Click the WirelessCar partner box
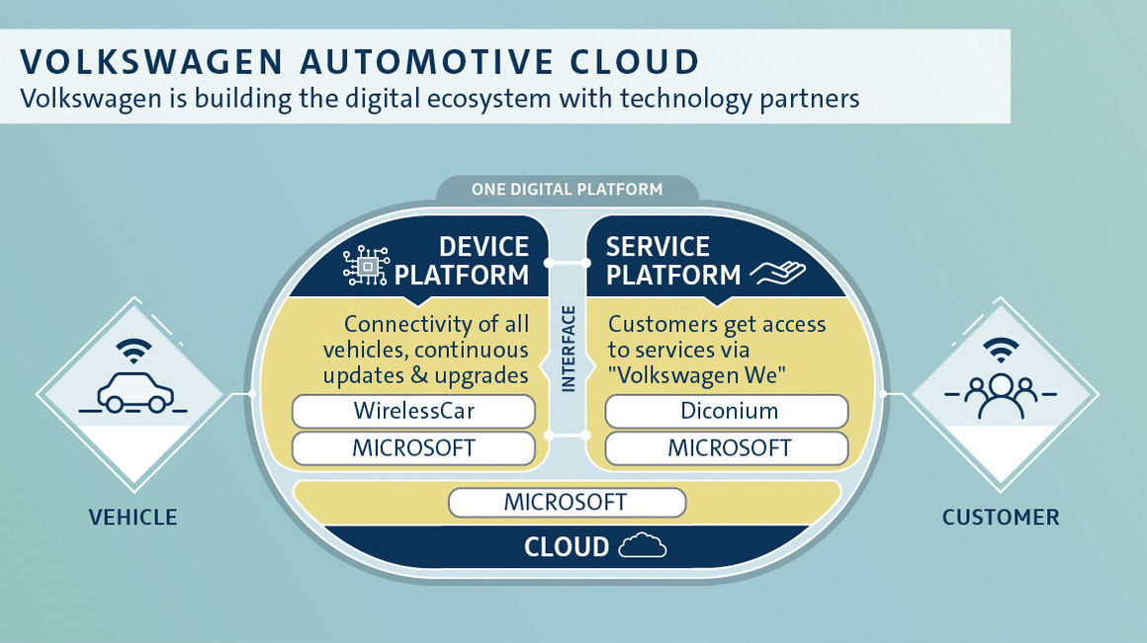[x=413, y=411]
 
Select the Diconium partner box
[x=727, y=411]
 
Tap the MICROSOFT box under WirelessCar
[x=413, y=447]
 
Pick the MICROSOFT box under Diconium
[x=727, y=447]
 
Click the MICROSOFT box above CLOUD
[x=567, y=503]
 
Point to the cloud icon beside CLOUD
[x=643, y=546]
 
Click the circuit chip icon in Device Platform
[x=366, y=266]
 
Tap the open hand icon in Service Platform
[x=777, y=274]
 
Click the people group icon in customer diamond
[x=1001, y=395]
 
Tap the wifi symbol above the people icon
[x=1001, y=351]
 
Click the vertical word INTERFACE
[x=569, y=350]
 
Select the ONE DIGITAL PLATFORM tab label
[x=567, y=190]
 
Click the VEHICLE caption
[x=133, y=518]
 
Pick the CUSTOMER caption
[x=1001, y=518]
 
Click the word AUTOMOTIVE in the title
[x=427, y=61]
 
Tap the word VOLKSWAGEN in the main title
[x=151, y=61]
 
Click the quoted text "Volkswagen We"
[x=697, y=375]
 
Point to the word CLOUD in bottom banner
[x=567, y=546]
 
